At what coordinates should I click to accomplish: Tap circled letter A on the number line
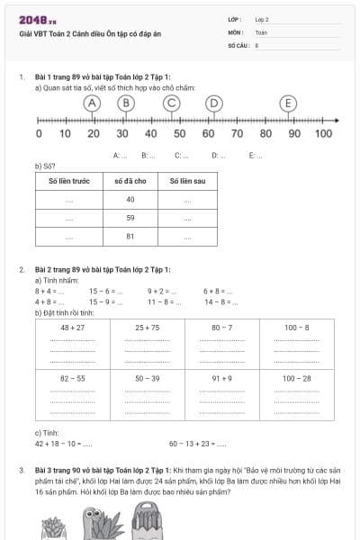tap(93, 103)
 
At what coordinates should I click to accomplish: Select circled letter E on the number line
tap(288, 103)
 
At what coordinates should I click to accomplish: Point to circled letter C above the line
tap(171, 103)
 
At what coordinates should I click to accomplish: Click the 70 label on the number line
tap(237, 134)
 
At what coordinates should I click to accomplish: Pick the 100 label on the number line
tap(323, 134)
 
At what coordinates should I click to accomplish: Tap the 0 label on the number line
tap(39, 134)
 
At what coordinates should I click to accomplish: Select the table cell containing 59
tap(130, 218)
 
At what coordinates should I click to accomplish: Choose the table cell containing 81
tap(130, 236)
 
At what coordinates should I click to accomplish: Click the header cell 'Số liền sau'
tap(187, 182)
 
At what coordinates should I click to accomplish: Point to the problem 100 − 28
tap(296, 378)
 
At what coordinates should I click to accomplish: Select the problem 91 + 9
tap(221, 378)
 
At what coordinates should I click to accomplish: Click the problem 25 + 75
tap(147, 328)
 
